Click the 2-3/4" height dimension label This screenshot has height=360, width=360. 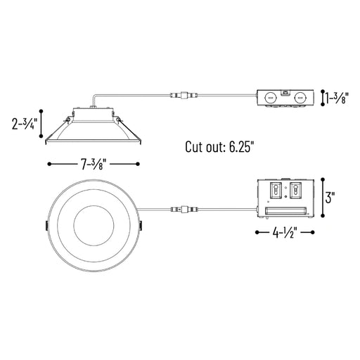(25, 124)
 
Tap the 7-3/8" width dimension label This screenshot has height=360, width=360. (94, 164)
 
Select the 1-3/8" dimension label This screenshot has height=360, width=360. (337, 98)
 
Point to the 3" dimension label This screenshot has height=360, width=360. (330, 198)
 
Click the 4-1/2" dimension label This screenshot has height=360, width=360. (285, 233)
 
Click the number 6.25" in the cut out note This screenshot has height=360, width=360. (242, 147)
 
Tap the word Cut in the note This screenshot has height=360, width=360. (194, 147)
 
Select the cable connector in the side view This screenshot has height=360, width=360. (184, 95)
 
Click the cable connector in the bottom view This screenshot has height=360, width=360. (184, 209)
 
